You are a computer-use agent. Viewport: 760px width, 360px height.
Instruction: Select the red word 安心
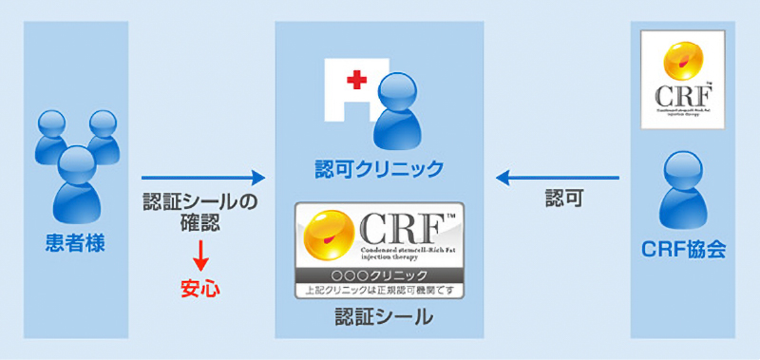pos(200,286)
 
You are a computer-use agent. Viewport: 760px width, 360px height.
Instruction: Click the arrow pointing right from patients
pos(202,178)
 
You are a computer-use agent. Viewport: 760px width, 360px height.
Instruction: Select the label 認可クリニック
pos(379,169)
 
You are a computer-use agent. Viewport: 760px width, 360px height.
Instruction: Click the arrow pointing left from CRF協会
pos(560,178)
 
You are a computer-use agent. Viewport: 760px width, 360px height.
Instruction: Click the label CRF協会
pos(684,251)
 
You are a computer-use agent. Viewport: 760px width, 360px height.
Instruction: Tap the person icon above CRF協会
pos(684,190)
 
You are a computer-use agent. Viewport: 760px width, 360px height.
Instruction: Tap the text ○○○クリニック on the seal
pos(379,275)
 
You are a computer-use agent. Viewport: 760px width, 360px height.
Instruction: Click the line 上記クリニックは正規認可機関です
pos(379,289)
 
